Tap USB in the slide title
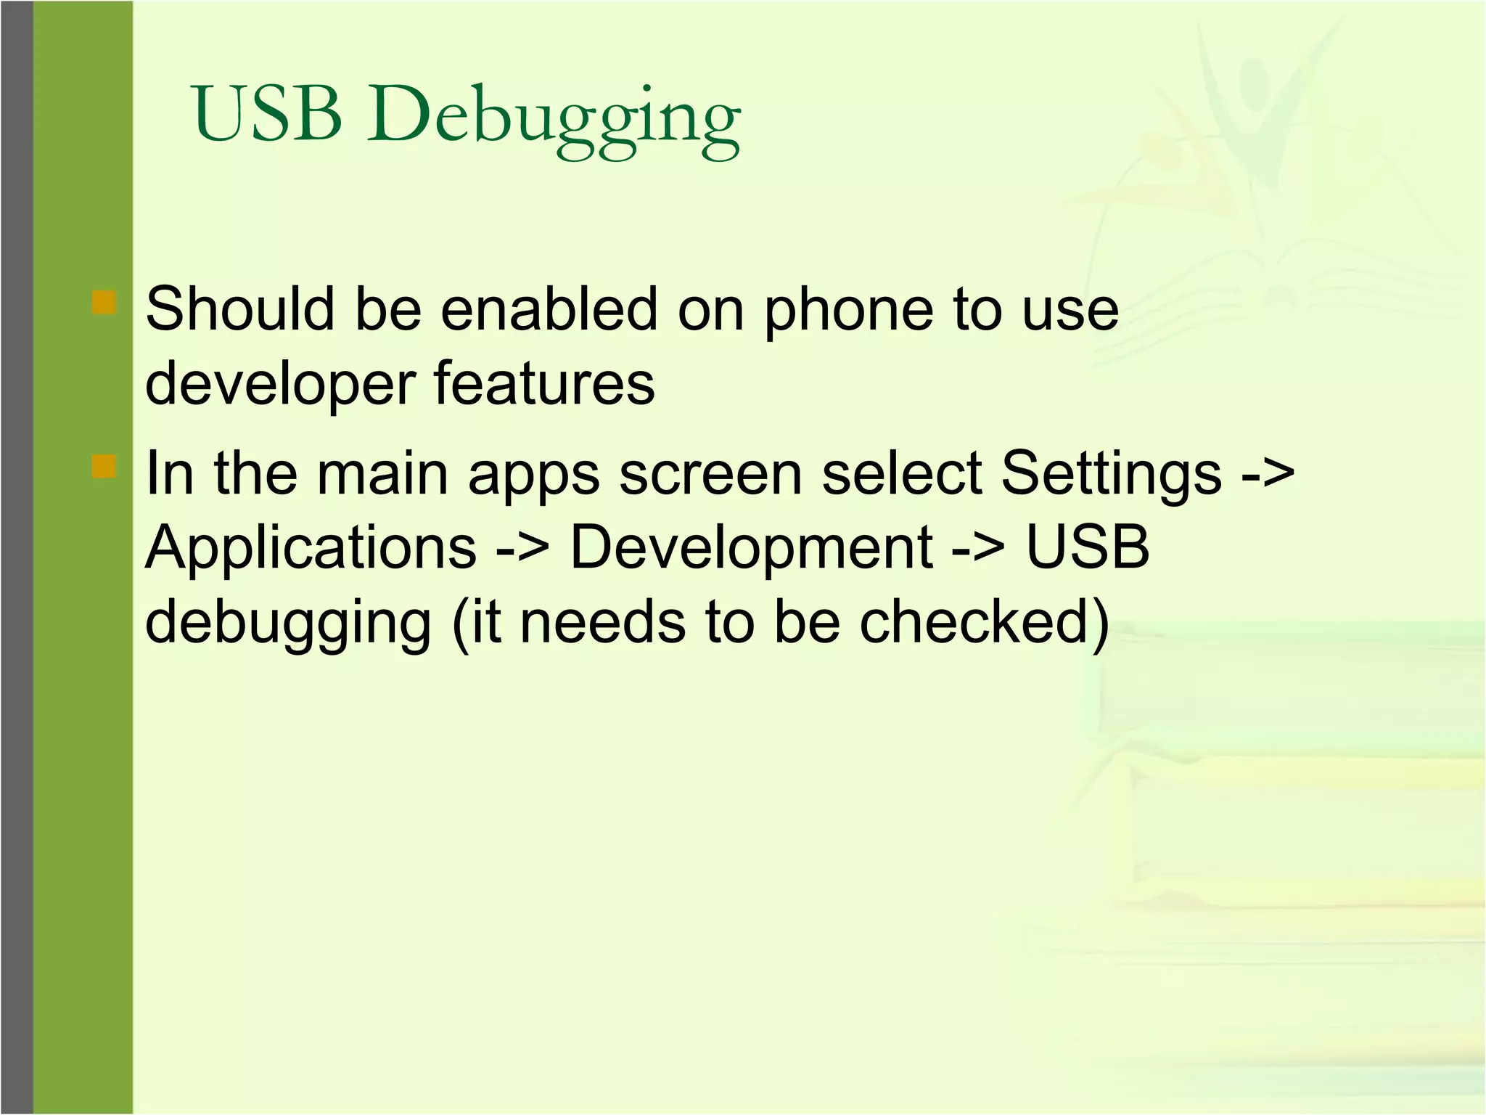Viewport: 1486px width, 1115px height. (x=267, y=114)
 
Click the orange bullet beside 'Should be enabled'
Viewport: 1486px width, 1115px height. (x=104, y=302)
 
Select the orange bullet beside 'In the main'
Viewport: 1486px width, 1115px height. (x=104, y=466)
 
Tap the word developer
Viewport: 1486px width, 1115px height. (x=280, y=385)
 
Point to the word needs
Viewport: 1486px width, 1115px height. (x=602, y=623)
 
